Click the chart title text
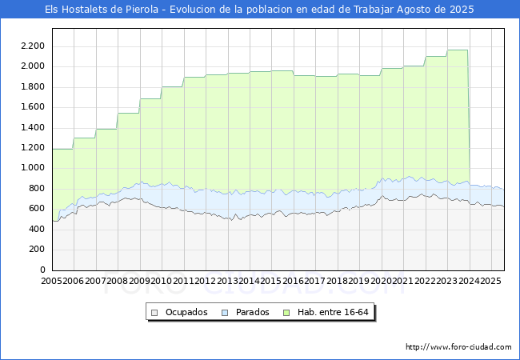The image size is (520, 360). [x=259, y=10]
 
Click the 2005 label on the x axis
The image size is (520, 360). [x=52, y=282]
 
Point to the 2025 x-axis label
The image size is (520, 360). [x=491, y=282]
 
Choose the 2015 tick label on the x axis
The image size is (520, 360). [x=271, y=282]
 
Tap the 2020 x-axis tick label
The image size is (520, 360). [x=382, y=282]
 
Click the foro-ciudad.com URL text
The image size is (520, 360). [x=458, y=347]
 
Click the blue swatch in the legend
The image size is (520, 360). [x=225, y=312]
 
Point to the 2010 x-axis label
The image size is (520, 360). [x=162, y=282]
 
